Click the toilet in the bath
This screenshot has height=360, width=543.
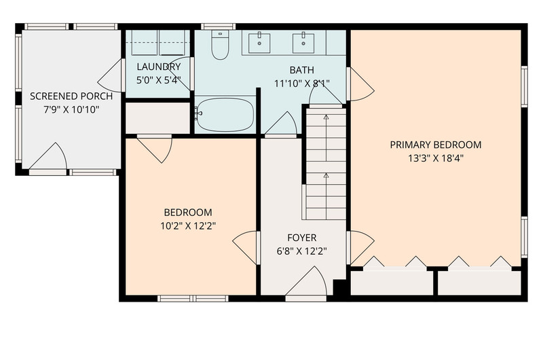pos(220,44)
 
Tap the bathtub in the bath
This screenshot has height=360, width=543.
pos(225,115)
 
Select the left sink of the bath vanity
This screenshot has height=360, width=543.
pos(259,43)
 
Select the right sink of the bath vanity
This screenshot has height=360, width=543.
pos(303,43)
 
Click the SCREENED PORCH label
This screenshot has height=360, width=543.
pos(71,96)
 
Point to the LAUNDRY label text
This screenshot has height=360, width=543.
pos(159,67)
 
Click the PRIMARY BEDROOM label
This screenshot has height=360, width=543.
pos(436,145)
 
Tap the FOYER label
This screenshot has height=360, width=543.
pos(302,238)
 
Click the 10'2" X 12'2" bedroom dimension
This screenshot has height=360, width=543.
pos(188,226)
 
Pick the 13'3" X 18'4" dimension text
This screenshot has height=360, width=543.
pos(436,158)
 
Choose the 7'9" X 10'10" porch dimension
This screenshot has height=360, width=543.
pos(71,110)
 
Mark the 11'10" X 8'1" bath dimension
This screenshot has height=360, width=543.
pos(302,84)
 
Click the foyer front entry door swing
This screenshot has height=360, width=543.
pos(306,281)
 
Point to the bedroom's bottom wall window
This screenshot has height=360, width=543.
pos(193,298)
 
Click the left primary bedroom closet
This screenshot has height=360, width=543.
pos(392,283)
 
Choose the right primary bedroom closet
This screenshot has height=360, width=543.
pos(480,283)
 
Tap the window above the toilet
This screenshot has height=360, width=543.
pos(218,26)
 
